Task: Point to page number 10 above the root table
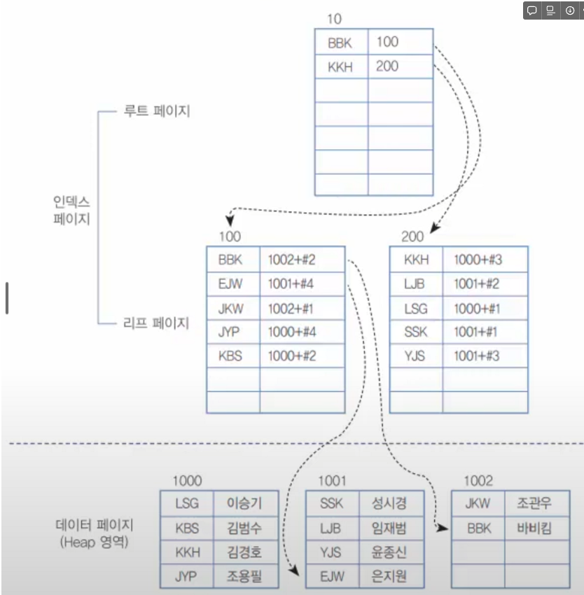pos(334,18)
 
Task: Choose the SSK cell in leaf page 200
pos(416,332)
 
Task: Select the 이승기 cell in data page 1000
pos(244,503)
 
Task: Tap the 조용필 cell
pos(244,577)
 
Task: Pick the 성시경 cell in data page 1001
pos(382,503)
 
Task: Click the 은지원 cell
pos(382,577)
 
